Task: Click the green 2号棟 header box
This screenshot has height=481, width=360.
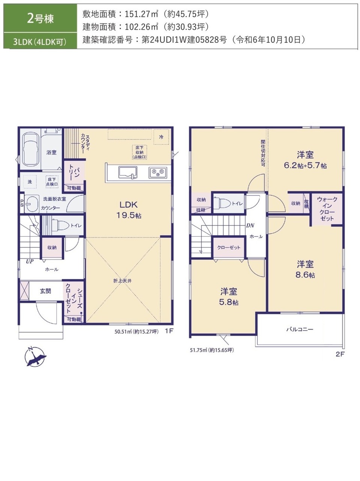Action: [40, 18]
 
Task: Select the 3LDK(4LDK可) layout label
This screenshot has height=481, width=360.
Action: [40, 41]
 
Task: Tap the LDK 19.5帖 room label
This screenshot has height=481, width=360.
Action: [129, 210]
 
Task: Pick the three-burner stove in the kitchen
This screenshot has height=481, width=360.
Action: [158, 172]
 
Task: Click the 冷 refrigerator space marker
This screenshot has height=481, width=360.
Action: [161, 137]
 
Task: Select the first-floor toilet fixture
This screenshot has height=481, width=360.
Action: [60, 225]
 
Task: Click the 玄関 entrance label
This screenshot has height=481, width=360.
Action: [45, 291]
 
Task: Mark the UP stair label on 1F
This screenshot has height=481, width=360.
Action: [30, 261]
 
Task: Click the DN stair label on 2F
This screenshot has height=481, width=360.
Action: [250, 225]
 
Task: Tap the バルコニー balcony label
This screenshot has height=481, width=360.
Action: [300, 329]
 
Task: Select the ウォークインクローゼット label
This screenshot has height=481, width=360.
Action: [327, 209]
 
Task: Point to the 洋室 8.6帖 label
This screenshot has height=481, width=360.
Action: [305, 269]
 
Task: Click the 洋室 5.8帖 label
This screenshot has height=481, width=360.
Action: [229, 297]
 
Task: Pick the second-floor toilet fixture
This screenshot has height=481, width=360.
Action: [222, 203]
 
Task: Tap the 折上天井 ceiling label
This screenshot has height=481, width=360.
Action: [122, 281]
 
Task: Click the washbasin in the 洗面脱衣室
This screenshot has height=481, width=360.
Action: [32, 204]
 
